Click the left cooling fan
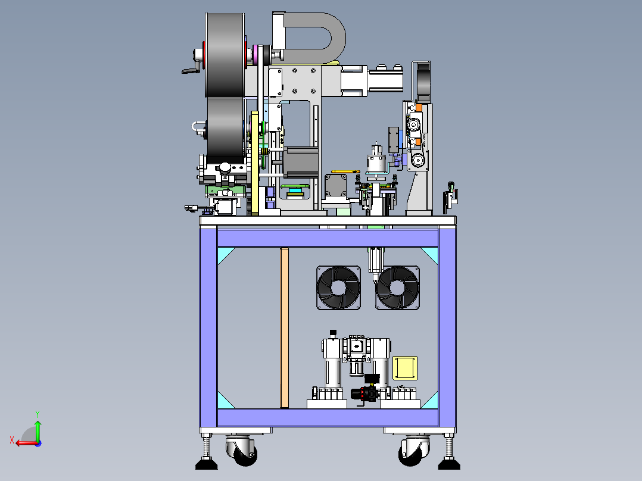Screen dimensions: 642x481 pos(339,288)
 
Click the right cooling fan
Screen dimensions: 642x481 pos(398,288)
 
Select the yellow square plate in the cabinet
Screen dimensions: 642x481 pos(405,368)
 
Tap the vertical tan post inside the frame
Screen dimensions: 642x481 pos(285,328)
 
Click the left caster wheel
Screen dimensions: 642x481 pos(242,450)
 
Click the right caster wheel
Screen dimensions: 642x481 pos(414,450)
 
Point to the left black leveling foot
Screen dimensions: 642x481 pos(206,464)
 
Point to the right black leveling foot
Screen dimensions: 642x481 pos(449,464)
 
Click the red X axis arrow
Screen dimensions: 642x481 pos(26,442)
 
